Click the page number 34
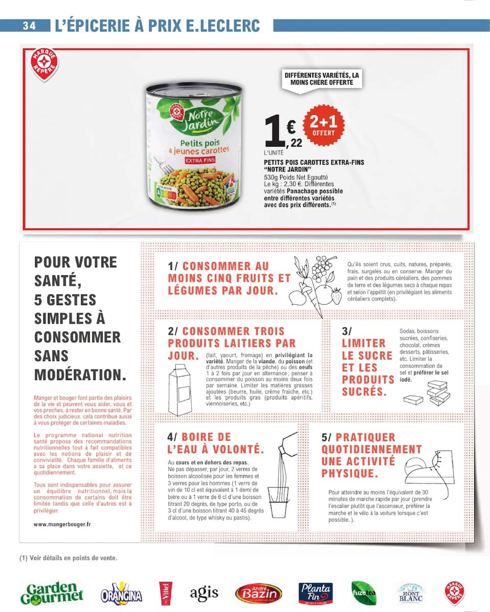(x=29, y=26)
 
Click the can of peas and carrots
(x=193, y=146)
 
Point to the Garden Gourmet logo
(x=52, y=592)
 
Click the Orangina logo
(x=121, y=593)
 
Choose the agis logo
(x=204, y=593)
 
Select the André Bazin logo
(x=258, y=593)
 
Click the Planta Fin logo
(x=315, y=593)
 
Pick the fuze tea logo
(x=364, y=593)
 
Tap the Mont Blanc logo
(x=411, y=593)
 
